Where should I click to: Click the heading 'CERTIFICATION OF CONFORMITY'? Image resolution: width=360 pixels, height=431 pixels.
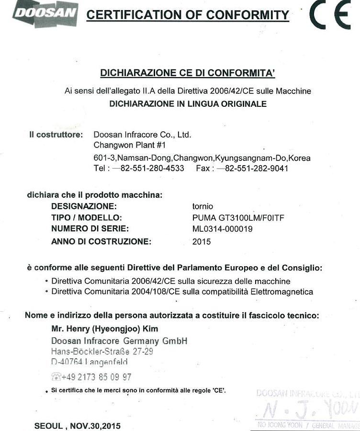click(188, 15)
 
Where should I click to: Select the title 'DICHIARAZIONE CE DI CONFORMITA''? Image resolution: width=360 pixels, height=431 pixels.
click(188, 73)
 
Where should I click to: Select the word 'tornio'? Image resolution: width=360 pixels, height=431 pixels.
click(202, 206)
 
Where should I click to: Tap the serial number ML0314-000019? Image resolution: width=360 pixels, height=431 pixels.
click(222, 229)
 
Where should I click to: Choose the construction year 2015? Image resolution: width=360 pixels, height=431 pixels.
click(202, 241)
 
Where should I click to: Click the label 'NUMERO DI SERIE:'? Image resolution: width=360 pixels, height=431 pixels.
click(90, 229)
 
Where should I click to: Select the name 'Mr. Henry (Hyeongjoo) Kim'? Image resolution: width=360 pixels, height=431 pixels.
click(104, 329)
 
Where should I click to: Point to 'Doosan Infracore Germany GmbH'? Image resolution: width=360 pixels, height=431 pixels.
click(119, 341)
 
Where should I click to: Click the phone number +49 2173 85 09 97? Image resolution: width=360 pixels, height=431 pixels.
click(96, 377)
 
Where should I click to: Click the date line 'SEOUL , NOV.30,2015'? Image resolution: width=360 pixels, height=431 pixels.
click(78, 426)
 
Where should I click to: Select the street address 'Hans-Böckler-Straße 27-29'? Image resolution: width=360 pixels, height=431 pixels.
click(102, 352)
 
